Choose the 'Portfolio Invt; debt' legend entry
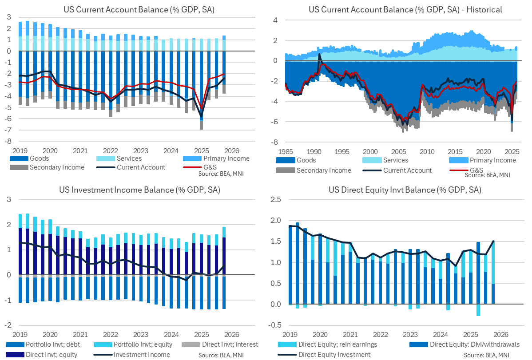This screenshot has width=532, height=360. [x=43, y=344]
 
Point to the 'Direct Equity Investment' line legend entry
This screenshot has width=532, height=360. [x=334, y=354]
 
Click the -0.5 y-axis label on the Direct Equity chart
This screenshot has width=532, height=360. [x=275, y=325]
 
